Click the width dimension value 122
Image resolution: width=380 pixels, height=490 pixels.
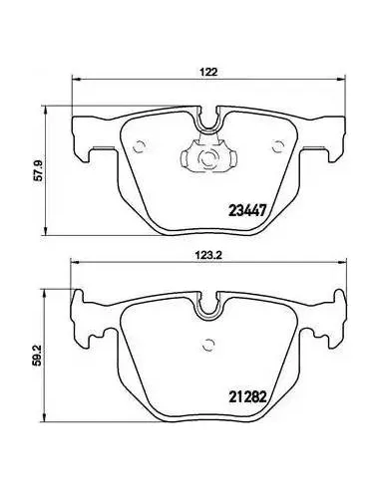(x=208, y=72)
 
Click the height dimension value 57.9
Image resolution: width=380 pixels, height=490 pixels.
(x=40, y=170)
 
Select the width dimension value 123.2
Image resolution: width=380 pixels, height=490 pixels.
(x=208, y=255)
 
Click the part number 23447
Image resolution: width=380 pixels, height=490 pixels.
(x=247, y=210)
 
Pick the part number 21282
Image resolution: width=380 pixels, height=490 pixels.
(x=247, y=396)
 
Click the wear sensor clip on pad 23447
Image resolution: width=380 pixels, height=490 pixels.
(x=208, y=154)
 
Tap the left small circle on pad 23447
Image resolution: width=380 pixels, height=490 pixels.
(x=139, y=146)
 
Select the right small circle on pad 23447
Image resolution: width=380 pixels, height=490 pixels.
(x=277, y=146)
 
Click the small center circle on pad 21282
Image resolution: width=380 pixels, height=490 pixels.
(x=208, y=345)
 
